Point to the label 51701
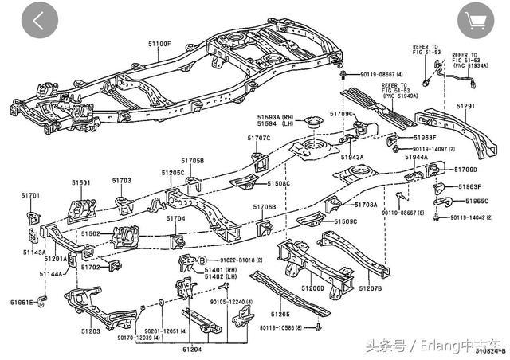[x=29, y=195]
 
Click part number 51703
[x=121, y=181]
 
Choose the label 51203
[x=89, y=331]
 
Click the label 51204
[x=193, y=349]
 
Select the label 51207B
[x=370, y=288]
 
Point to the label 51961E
[x=22, y=302]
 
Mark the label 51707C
[x=258, y=139]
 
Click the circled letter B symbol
[x=202, y=260]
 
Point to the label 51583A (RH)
[x=272, y=117]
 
